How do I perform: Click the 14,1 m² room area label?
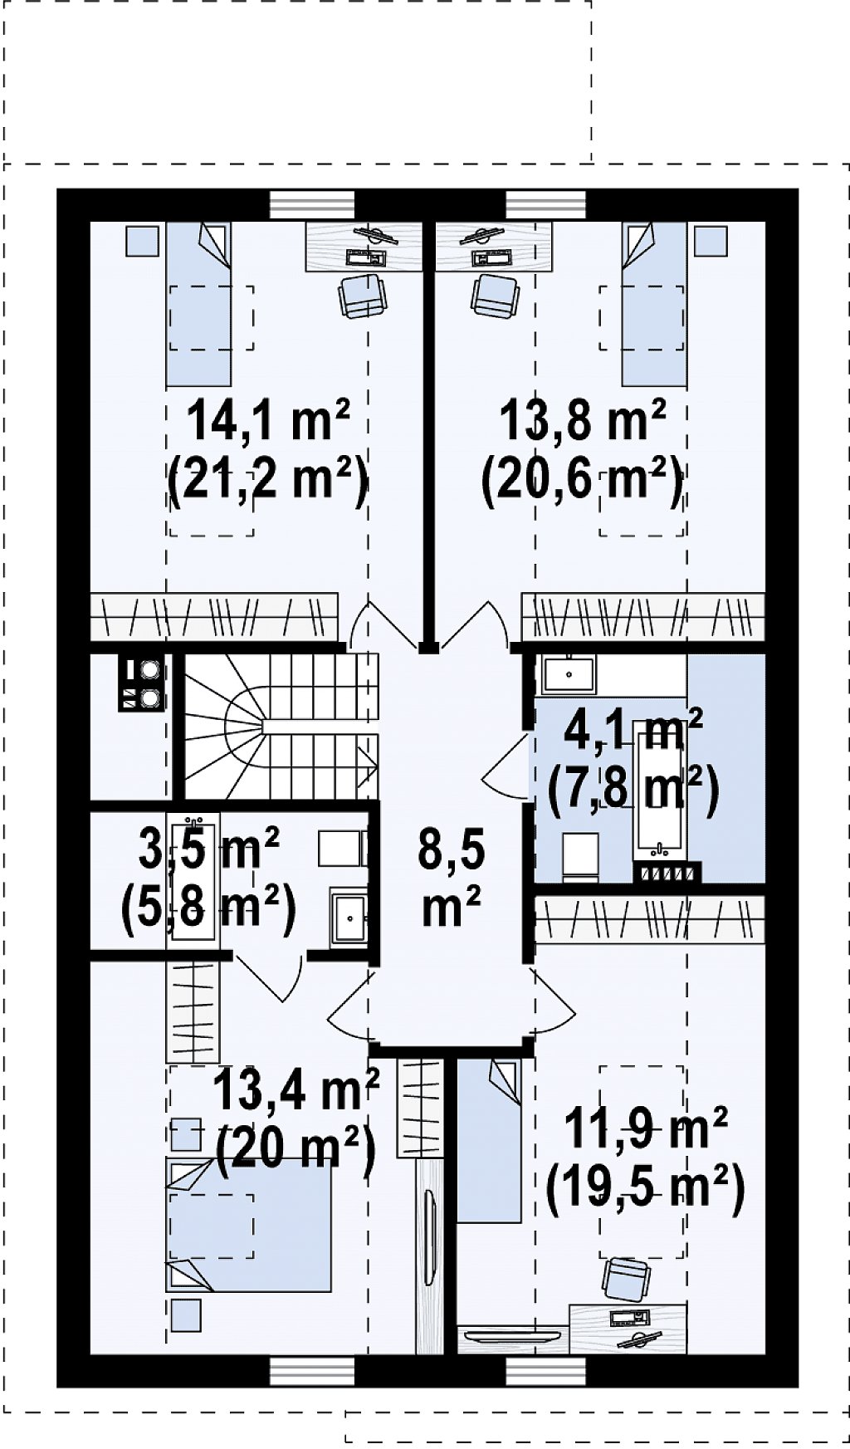pyautogui.click(x=269, y=421)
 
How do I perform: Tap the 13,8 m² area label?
pyautogui.click(x=583, y=419)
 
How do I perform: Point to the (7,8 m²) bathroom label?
pyautogui.click(x=633, y=788)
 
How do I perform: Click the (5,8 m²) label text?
pyautogui.click(x=208, y=910)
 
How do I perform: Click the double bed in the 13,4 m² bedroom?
pyautogui.click(x=249, y=1225)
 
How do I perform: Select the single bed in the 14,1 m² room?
pyautogui.click(x=198, y=304)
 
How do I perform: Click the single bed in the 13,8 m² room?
pyautogui.click(x=655, y=304)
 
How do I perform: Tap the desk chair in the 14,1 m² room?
pyautogui.click(x=363, y=296)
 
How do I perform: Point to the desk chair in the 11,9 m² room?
pyautogui.click(x=627, y=1280)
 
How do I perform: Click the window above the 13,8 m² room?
pyautogui.click(x=545, y=205)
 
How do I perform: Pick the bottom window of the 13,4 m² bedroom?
pyautogui.click(x=312, y=1371)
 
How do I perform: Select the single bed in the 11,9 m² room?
pyautogui.click(x=489, y=1141)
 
